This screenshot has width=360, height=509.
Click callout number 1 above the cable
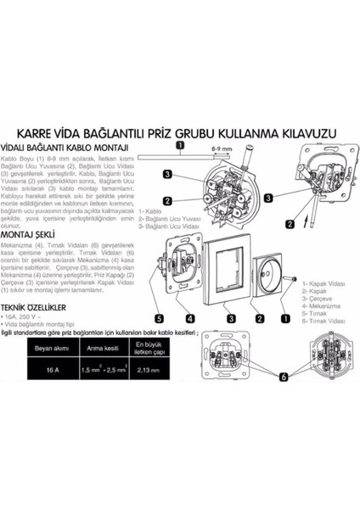179,145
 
